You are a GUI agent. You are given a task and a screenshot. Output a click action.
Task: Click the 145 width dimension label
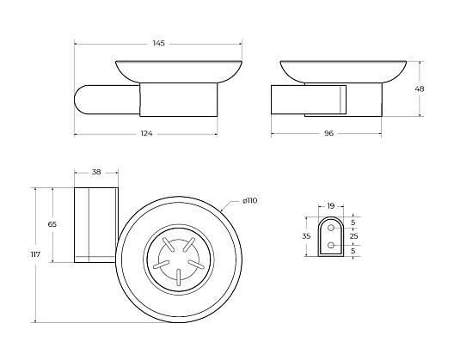pyautogui.click(x=159, y=43)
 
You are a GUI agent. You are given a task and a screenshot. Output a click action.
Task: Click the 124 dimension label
pyautogui.click(x=147, y=134)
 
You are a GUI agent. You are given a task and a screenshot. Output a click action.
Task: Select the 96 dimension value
pyautogui.click(x=328, y=133)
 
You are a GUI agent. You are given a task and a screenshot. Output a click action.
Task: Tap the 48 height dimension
pyautogui.click(x=420, y=88)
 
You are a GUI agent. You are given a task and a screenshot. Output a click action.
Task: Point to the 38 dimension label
pyautogui.click(x=96, y=172)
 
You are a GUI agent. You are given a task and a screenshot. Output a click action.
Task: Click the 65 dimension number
pyautogui.click(x=52, y=224)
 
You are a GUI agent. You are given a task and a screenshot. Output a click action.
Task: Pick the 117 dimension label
pyautogui.click(x=35, y=254)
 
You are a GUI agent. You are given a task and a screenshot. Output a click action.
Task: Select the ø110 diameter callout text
pyautogui.click(x=250, y=201)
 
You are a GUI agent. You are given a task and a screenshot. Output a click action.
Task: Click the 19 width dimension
pyautogui.click(x=331, y=206)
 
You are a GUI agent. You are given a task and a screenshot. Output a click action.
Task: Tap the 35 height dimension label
pyautogui.click(x=306, y=236)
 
